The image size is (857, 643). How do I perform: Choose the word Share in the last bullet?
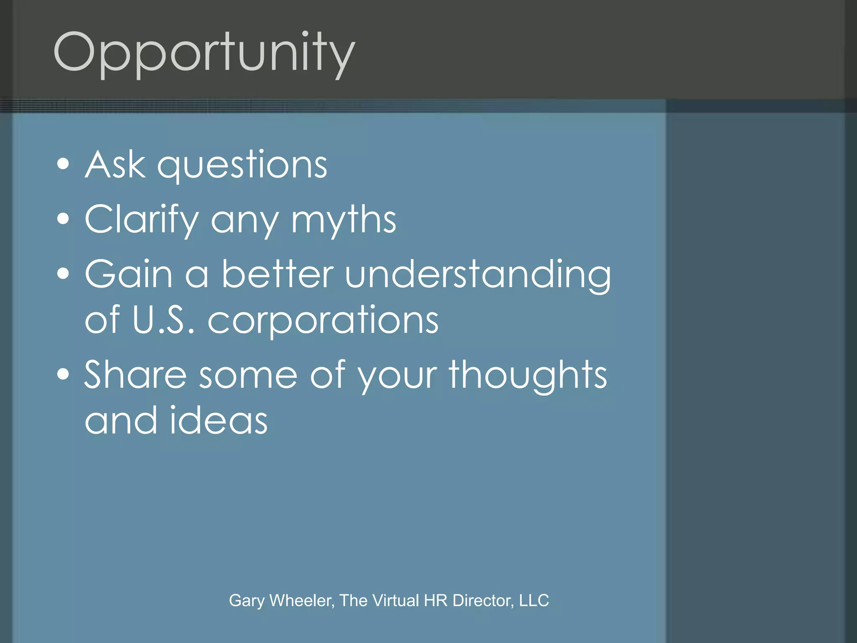tap(135, 375)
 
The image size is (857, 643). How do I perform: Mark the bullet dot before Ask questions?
tap(63, 164)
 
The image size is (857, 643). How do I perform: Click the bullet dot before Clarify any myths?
tap(63, 219)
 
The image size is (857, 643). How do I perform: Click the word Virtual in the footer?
tap(395, 600)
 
